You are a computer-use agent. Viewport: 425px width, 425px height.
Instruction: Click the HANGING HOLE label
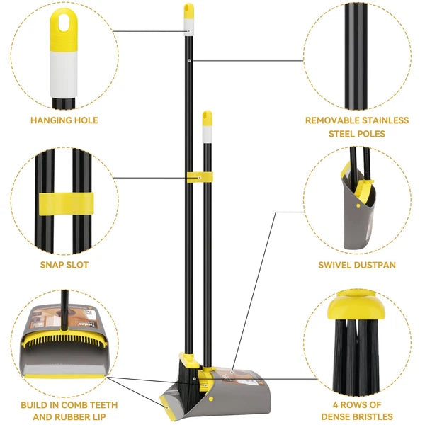[64, 120]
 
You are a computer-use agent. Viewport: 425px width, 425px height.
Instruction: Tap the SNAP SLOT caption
[64, 265]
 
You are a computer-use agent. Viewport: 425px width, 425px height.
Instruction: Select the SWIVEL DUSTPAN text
[357, 265]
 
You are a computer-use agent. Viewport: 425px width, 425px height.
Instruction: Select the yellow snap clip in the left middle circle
[67, 202]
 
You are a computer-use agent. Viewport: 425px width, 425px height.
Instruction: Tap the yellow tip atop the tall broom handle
[188, 11]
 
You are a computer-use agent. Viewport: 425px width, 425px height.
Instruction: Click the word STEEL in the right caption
[343, 132]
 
